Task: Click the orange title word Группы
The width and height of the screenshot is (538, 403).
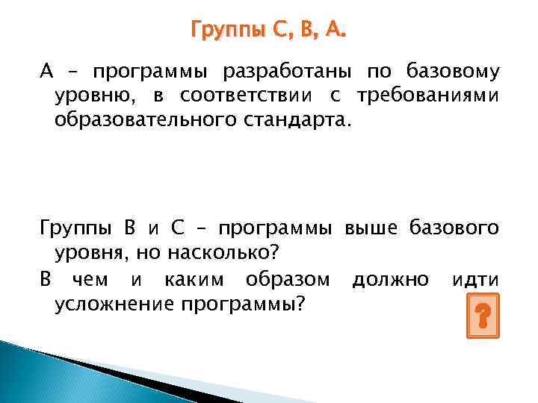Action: [x=226, y=31]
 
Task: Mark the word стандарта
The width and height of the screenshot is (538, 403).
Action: [x=300, y=120]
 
